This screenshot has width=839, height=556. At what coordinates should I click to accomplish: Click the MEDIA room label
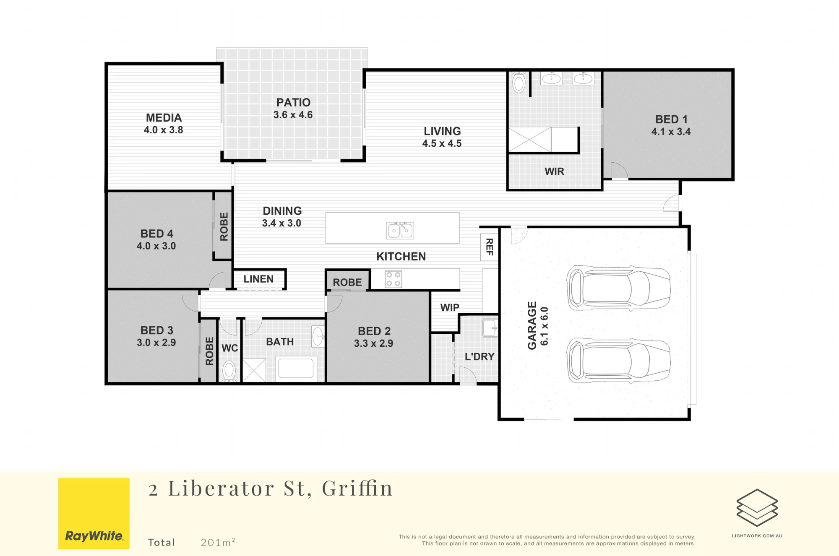pos(164,118)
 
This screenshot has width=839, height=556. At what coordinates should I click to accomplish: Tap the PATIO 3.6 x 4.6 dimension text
pos(293,115)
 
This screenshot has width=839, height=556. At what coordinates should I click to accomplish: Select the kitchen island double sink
pos(400,230)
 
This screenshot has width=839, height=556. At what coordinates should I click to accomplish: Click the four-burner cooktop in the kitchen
pos(393,279)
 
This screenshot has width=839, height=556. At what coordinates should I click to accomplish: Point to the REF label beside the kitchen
pos(489,247)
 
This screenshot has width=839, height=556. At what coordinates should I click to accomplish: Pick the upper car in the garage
pos(618,288)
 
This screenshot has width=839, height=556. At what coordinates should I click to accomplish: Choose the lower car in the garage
pos(618,361)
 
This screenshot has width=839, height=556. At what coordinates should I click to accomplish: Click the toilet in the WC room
pos(229,371)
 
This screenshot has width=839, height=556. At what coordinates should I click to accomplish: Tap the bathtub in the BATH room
pos(296,368)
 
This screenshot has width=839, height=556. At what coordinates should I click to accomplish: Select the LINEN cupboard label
pos(258,279)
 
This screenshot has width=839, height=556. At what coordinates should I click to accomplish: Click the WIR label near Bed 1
pos(554,171)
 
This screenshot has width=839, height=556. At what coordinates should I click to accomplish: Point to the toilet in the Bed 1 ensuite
pos(519,82)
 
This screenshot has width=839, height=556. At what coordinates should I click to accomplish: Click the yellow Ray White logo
pos(94,513)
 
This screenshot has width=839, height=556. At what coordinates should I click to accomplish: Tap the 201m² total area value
pos(218,542)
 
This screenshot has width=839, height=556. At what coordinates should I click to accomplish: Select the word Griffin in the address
pos(357,488)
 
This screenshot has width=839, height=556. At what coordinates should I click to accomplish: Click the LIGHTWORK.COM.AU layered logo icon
pos(757,508)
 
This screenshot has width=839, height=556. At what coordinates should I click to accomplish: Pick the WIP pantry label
pos(450,308)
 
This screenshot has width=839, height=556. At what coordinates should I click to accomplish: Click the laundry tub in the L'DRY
pos(490,328)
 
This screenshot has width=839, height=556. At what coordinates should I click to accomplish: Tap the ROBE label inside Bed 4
pos(224,226)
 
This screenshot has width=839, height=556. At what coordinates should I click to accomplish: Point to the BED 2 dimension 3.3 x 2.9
pos(373,343)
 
